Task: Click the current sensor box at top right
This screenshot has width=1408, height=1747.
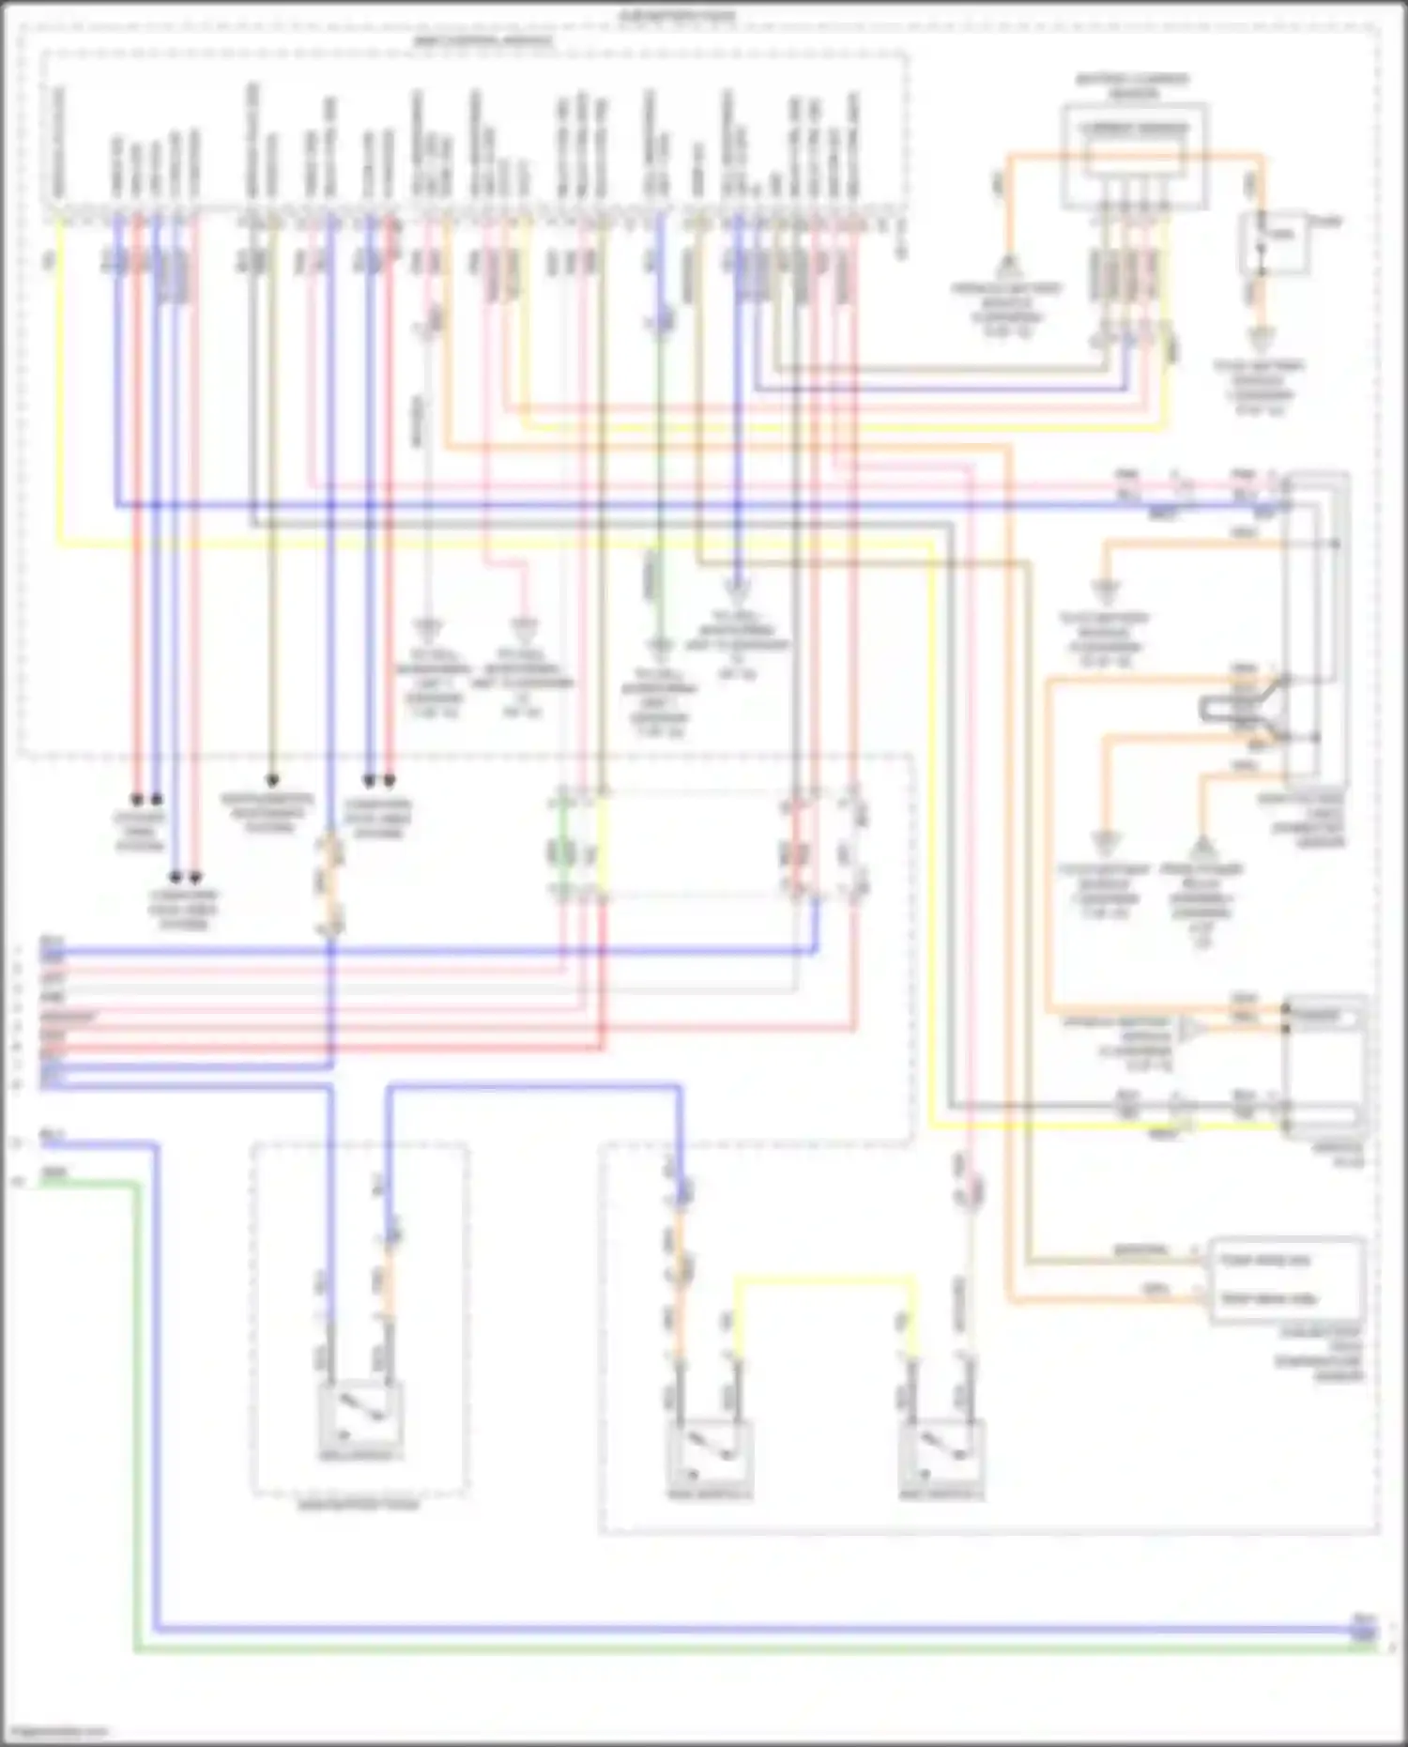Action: pos(1134,156)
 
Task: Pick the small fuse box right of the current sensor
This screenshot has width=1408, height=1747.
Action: pos(1272,242)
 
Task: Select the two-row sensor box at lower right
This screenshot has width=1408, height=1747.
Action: pos(1287,1280)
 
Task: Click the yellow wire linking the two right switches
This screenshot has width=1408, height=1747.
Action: pos(824,1278)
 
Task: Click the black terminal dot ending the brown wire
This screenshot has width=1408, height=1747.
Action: pos(272,780)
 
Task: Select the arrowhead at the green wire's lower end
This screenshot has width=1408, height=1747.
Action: pos(662,646)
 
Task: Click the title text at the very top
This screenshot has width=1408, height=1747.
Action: pos(678,16)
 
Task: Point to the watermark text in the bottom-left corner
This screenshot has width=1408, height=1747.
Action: pos(56,1730)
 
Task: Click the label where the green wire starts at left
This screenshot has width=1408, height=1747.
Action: pos(54,1173)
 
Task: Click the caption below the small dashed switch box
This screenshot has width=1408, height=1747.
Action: pos(359,1505)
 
